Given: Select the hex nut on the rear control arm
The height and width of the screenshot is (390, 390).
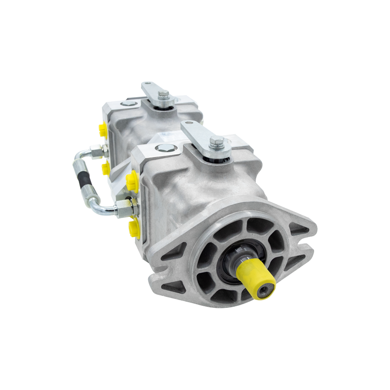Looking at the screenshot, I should [164, 95].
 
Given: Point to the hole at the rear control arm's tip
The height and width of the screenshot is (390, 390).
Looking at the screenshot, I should [146, 84].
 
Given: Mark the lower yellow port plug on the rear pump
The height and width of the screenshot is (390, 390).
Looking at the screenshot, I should [106, 167].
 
